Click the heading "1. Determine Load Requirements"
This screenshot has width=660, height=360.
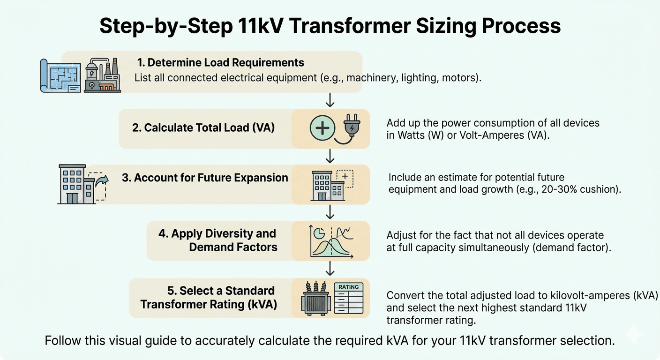coord(220,63)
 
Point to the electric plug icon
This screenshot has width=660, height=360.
coord(351,127)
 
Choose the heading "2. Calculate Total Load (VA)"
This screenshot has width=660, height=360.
coord(203,127)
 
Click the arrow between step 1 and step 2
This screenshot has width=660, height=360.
coord(330,99)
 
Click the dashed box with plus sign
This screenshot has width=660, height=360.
coord(345,179)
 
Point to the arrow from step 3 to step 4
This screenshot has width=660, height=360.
coord(330,212)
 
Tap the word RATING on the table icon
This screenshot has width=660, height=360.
coord(348,287)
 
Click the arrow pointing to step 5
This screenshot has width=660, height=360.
coord(330,268)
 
